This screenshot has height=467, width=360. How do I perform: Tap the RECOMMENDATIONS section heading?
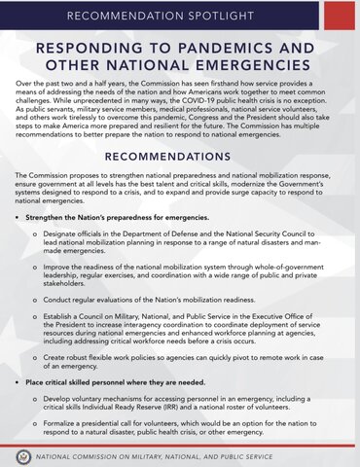point(179,156)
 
